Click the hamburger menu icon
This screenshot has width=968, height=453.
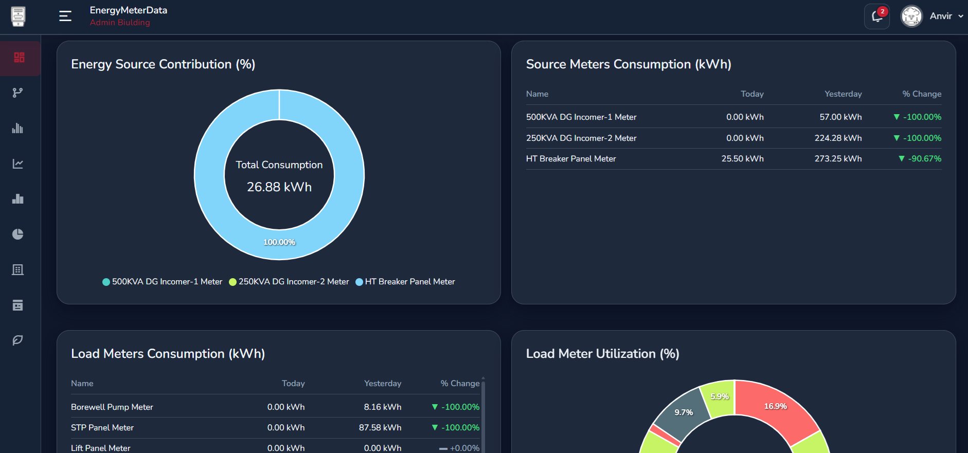point(65,16)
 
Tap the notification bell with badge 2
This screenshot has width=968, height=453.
point(877,16)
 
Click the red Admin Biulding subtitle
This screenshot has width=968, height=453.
point(120,23)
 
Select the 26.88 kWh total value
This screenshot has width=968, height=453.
point(279,187)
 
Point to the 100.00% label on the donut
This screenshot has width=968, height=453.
point(279,242)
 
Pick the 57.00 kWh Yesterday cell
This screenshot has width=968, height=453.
point(840,117)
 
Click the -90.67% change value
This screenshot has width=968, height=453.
point(924,159)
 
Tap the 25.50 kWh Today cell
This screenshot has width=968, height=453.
point(742,159)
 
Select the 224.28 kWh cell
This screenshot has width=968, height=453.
point(838,138)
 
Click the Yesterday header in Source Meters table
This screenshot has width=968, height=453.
point(843,94)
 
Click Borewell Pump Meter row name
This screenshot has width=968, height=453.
point(112,407)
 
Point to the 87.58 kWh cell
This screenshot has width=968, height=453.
point(380,428)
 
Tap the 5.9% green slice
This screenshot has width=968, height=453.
point(719,398)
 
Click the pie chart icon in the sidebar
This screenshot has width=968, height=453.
point(18,234)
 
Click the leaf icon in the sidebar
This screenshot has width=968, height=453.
point(18,340)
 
